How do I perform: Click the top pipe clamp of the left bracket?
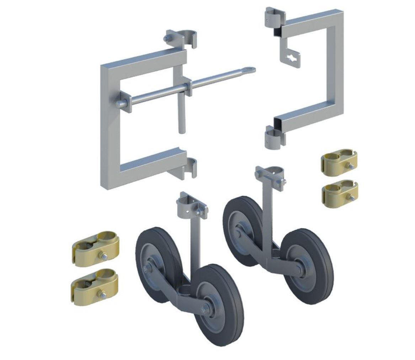187,38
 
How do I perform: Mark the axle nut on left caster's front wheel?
206,309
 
